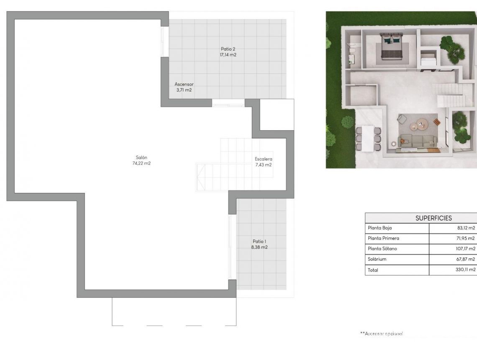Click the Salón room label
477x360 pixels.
[141, 157]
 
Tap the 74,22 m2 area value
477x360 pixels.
[141, 163]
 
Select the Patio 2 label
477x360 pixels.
[228, 49]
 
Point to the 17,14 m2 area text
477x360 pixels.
[228, 54]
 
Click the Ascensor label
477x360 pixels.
[184, 84]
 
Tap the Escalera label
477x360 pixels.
[264, 159]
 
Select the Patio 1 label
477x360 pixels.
[259, 242]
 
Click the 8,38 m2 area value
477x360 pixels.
[259, 247]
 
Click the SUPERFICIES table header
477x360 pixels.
[433, 218]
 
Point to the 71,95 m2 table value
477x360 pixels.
[466, 239]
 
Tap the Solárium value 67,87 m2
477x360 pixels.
[466, 259]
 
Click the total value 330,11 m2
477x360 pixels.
[465, 270]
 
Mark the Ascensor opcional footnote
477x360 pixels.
[382, 334]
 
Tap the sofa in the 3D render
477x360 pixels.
[418, 140]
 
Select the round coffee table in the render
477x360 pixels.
[421, 123]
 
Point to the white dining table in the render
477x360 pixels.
[369, 138]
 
